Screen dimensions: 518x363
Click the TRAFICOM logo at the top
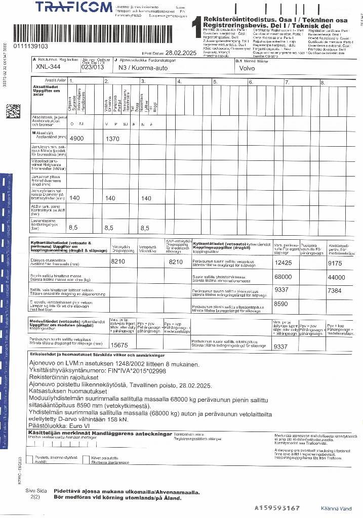coord(74,7)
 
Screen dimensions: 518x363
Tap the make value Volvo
coord(247,68)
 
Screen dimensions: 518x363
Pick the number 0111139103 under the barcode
coord(31,46)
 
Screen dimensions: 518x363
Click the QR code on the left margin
coord(13,111)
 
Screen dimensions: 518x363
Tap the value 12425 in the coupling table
coord(283,263)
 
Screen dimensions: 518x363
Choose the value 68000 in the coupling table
coord(283,277)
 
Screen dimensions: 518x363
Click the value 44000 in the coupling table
coord(336,277)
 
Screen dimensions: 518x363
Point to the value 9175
coord(335,263)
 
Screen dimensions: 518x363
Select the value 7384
coord(335,291)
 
